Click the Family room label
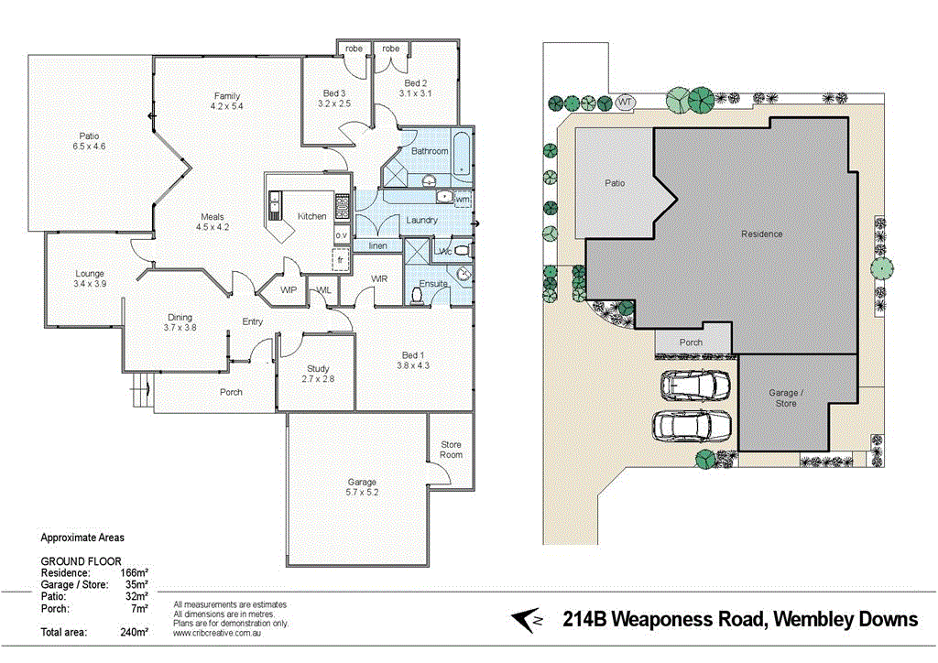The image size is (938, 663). (227, 95)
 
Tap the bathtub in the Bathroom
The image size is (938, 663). (462, 153)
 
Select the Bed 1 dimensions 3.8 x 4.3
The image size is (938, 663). (413, 365)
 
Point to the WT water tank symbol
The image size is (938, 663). (625, 103)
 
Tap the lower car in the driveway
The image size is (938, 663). (692, 426)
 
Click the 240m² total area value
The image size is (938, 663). (134, 632)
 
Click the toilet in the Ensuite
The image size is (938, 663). (418, 296)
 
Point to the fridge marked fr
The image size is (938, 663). (341, 260)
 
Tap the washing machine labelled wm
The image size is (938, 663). (463, 199)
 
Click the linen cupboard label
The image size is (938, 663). (377, 245)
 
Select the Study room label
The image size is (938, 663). (318, 369)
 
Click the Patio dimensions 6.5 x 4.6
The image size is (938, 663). (89, 147)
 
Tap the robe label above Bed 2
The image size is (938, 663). (390, 48)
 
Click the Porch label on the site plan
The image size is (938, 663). (691, 342)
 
